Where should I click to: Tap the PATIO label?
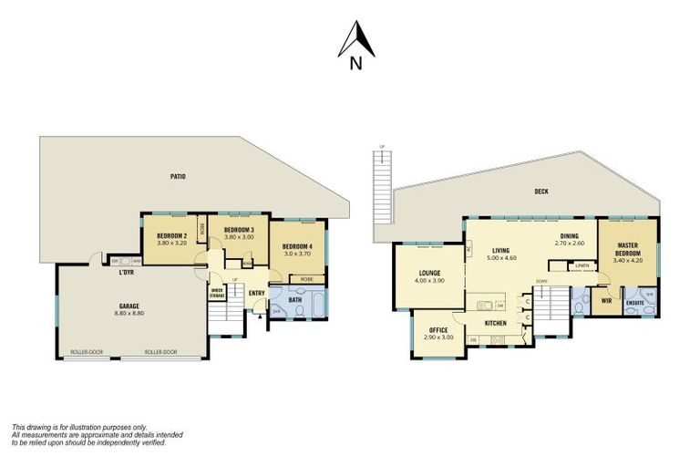[x=178, y=176]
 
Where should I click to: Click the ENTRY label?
[x=256, y=293]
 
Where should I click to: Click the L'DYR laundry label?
[x=127, y=273]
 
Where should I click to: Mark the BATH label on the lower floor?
[x=295, y=298]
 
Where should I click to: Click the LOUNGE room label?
[x=430, y=272]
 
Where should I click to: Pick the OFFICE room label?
[x=438, y=329]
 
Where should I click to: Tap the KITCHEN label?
[x=495, y=324]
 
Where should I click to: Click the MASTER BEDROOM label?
[x=626, y=249]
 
